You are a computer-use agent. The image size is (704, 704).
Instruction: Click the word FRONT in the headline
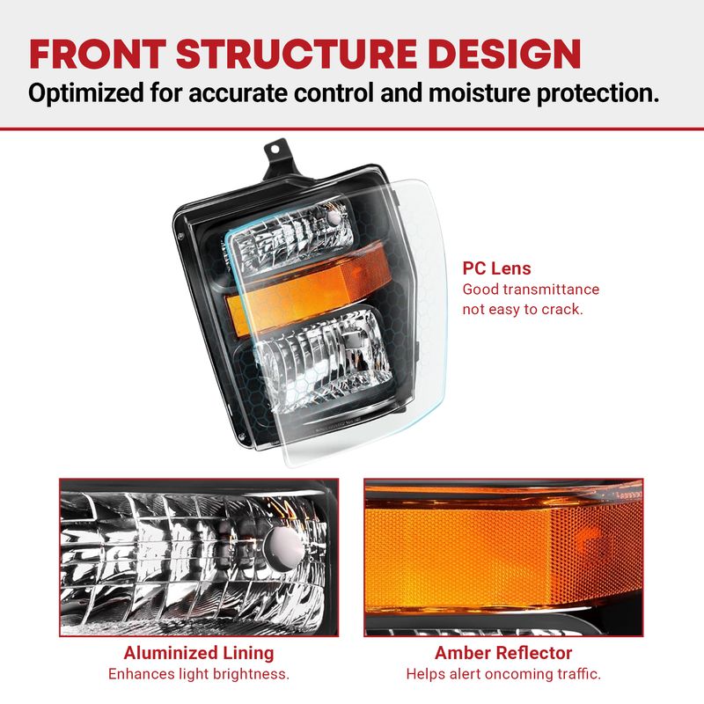(x=98, y=54)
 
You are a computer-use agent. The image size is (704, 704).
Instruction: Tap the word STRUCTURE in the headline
(x=297, y=54)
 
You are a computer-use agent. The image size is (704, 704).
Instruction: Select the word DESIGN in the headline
(x=504, y=54)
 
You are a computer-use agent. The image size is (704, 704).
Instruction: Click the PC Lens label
(x=496, y=268)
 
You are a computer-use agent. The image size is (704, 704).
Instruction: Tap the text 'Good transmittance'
(x=531, y=290)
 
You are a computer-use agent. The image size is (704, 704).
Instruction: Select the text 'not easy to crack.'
(x=523, y=310)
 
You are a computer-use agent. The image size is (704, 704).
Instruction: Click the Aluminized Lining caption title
(x=199, y=653)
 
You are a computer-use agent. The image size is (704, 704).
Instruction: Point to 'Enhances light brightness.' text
(x=199, y=674)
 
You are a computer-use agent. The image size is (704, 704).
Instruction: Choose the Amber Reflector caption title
(x=503, y=653)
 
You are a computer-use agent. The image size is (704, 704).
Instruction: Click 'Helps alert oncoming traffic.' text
(x=503, y=674)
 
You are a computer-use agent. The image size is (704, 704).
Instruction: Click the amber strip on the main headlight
(x=307, y=287)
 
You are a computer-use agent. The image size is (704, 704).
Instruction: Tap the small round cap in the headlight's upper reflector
(x=335, y=217)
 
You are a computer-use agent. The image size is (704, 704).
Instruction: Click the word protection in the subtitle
(x=598, y=93)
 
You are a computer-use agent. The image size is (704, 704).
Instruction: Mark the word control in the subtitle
(x=334, y=92)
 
